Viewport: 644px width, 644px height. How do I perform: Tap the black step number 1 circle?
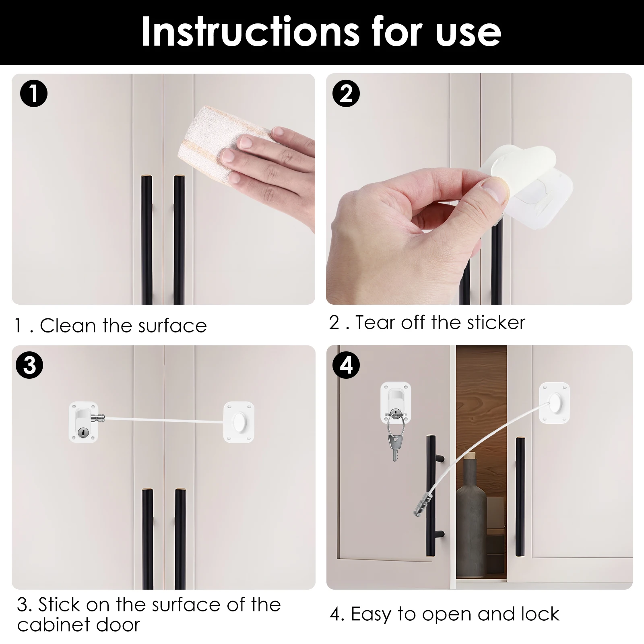click(34, 93)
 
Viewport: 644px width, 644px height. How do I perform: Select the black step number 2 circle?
click(346, 93)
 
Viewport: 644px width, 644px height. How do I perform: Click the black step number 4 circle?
click(346, 365)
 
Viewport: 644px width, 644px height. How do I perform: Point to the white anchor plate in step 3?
click(239, 422)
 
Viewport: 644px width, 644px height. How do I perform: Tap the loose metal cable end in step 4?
click(420, 506)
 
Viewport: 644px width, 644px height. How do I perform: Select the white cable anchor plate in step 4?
click(555, 403)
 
